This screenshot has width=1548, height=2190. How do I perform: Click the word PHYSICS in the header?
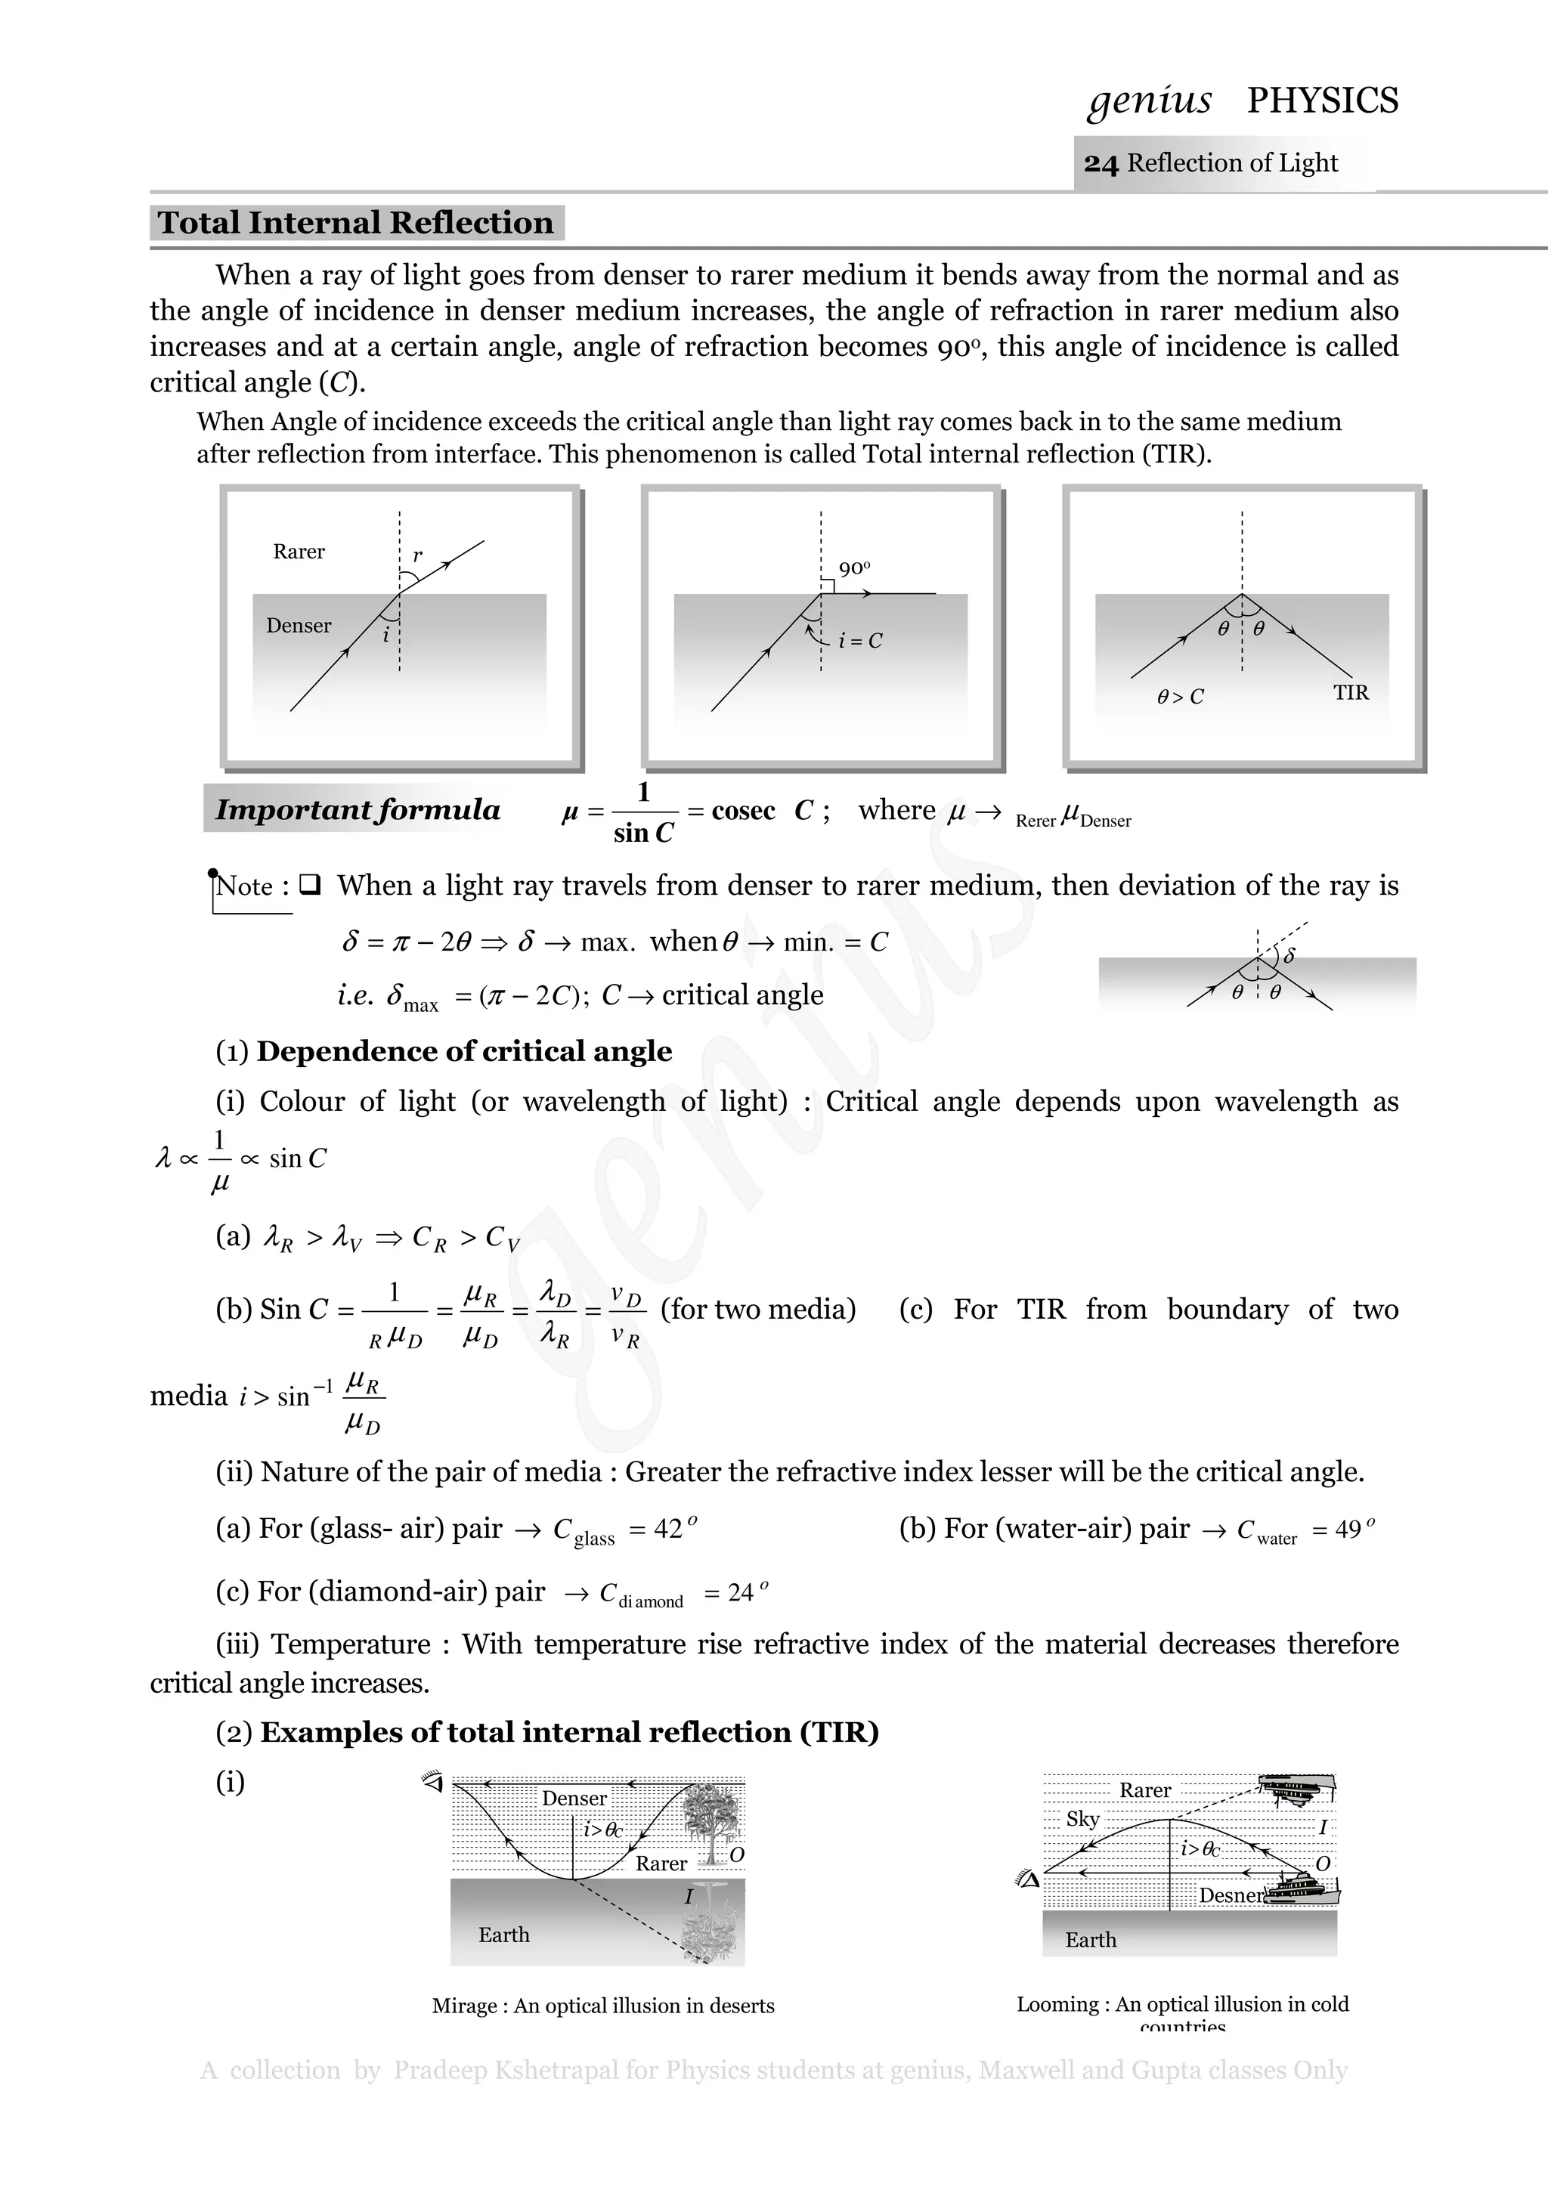click(1322, 101)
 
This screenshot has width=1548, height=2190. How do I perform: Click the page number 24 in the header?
click(1100, 164)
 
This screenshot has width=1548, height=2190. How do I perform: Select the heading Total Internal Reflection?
click(356, 222)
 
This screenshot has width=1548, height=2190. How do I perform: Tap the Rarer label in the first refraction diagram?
click(299, 552)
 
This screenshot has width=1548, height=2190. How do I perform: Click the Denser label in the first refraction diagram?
click(299, 626)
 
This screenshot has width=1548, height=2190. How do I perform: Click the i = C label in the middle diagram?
click(859, 641)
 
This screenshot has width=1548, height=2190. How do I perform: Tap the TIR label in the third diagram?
click(1351, 692)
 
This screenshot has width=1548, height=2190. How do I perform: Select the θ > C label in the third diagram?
click(1180, 698)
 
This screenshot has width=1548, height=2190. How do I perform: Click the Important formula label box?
click(357, 810)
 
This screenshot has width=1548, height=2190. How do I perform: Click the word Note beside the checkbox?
click(245, 886)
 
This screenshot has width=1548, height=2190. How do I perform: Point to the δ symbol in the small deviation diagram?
click(1289, 954)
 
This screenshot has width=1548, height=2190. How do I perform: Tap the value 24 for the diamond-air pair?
click(741, 1593)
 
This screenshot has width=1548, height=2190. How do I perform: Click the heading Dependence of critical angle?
click(463, 1051)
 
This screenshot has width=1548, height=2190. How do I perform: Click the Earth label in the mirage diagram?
click(503, 1935)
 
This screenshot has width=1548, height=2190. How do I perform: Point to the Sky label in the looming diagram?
click(1082, 1819)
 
